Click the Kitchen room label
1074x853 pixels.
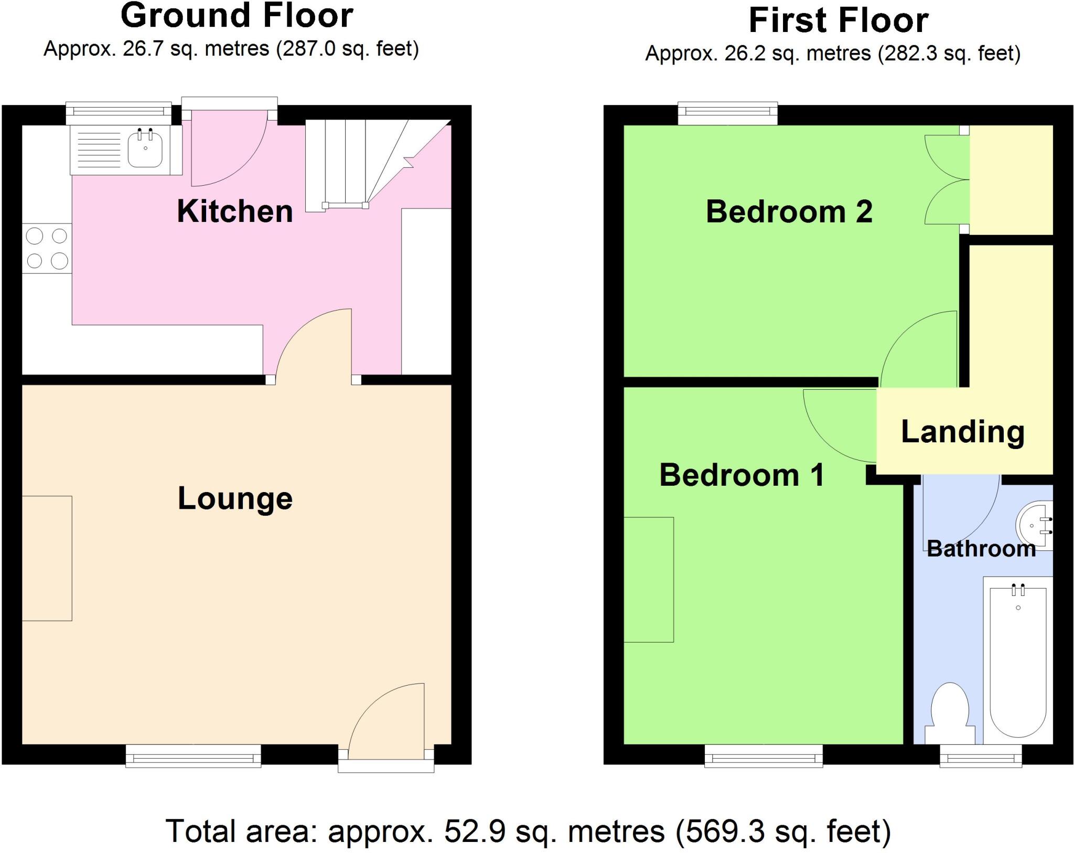point(234,211)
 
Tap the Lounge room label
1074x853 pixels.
point(235,498)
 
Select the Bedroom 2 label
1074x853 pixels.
point(789,212)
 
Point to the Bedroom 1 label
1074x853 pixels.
point(742,475)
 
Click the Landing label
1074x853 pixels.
point(963,432)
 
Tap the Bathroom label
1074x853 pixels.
point(981,549)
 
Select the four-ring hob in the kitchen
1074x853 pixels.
point(47,248)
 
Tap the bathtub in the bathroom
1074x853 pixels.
point(1018,661)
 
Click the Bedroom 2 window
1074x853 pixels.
point(727,112)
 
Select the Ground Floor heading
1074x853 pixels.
point(237,16)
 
